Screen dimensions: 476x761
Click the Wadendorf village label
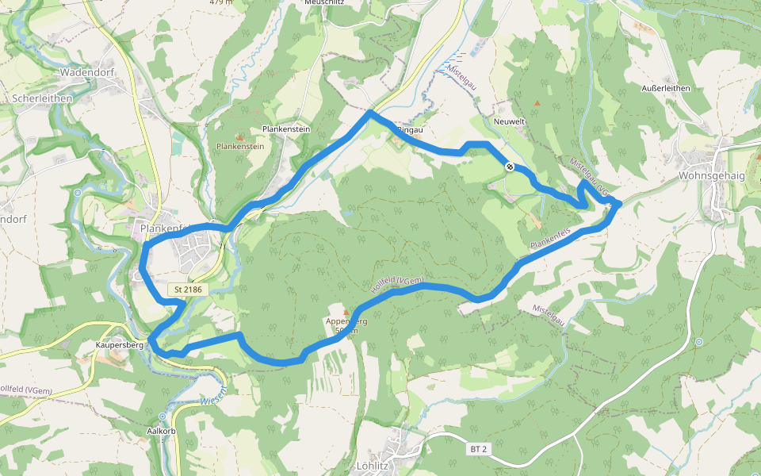click(86, 72)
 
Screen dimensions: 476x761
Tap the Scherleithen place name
click(43, 98)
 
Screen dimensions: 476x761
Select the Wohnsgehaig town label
click(712, 175)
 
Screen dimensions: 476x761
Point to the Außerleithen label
click(666, 88)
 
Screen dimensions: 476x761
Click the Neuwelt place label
click(509, 121)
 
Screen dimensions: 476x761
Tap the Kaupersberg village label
click(119, 346)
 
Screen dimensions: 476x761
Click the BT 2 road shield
click(478, 449)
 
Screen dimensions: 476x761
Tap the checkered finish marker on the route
click(509, 167)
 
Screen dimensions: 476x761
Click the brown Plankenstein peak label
click(240, 147)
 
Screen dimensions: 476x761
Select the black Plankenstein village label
click(285, 129)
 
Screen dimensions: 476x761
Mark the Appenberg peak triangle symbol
click(346, 312)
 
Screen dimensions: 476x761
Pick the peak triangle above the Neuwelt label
click(538, 103)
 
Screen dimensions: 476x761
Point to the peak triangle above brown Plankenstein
click(240, 137)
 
